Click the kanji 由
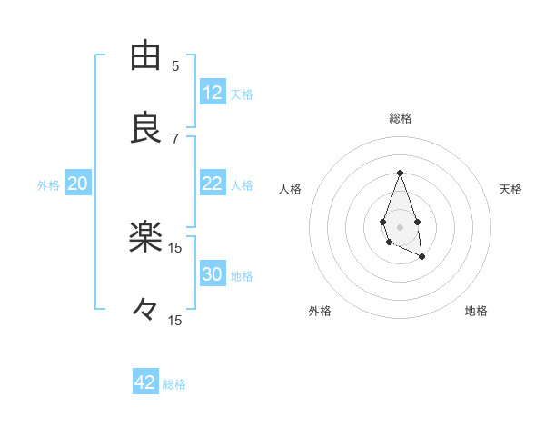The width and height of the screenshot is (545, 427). coord(145,56)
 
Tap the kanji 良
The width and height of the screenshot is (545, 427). coord(145,129)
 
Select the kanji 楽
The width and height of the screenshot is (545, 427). coord(145,238)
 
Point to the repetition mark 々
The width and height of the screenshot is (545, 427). coord(145,311)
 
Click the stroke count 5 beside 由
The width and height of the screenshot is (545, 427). coord(175,65)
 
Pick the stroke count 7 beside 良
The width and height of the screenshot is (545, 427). coord(175,138)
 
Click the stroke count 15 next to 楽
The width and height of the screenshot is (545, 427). coord(175,247)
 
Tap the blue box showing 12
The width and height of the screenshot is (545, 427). coord(213,93)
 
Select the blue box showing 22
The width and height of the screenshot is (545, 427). coord(213,184)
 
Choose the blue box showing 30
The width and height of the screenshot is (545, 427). coord(213,274)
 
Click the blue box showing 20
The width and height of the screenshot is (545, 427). coord(77,184)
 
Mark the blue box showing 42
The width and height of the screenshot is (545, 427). coord(145,382)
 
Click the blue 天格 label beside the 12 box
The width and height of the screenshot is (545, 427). coord(242,94)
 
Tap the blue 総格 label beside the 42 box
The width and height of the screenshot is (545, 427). coord(174,383)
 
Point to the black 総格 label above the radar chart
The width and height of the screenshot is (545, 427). coord(401,118)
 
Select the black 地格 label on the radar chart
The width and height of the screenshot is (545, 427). coord(476,311)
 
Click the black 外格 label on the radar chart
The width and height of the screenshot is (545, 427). coord(320,311)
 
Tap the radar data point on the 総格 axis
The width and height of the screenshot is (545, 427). coord(400,173)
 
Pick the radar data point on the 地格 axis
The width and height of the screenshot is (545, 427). coord(422,257)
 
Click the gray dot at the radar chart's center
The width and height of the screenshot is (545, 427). coord(400,225)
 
